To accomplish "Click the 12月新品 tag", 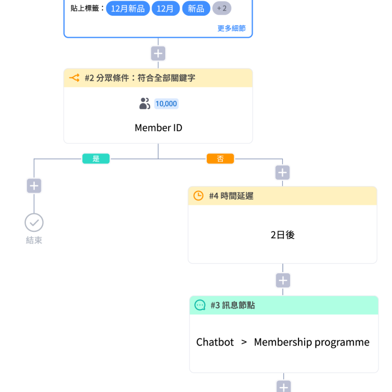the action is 128,8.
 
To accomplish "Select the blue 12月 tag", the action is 166,8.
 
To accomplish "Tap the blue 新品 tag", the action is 196,8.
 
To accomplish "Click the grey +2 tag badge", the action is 222,8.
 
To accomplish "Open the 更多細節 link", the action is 231,28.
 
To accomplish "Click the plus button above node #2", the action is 158,53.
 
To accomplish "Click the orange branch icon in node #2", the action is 74,78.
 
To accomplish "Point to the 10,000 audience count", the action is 166,104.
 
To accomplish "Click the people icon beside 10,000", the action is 144,104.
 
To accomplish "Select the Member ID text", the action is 158,128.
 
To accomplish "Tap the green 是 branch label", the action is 96,158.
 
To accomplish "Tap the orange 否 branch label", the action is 220,158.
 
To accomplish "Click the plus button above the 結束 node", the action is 34,186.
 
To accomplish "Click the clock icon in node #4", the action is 198,196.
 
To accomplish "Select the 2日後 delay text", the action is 282,235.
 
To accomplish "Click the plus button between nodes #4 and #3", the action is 283,281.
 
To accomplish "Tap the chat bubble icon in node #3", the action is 200,305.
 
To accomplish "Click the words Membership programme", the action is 312,342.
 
